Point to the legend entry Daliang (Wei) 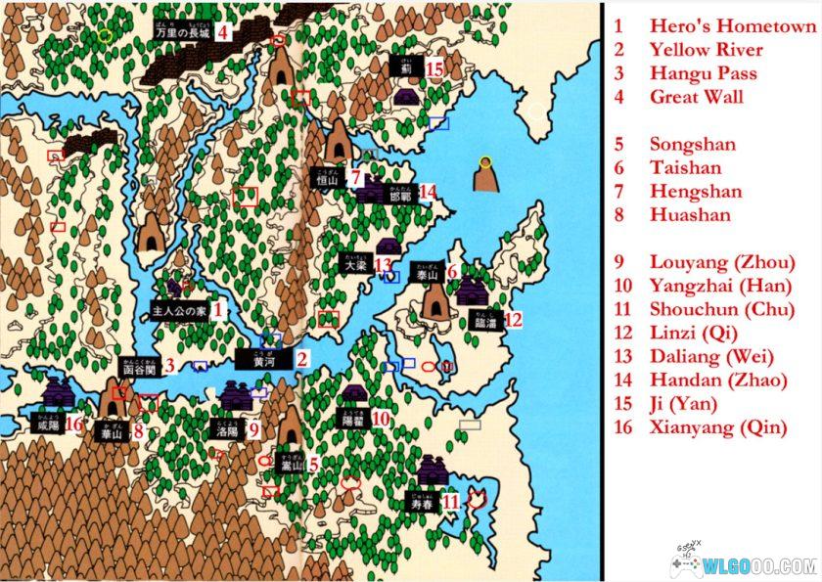point(711,356)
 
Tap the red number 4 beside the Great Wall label point(223,31)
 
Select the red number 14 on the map point(426,193)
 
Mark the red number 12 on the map point(513,319)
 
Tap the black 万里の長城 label point(182,32)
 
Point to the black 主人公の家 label point(178,311)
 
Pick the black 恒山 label point(326,179)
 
